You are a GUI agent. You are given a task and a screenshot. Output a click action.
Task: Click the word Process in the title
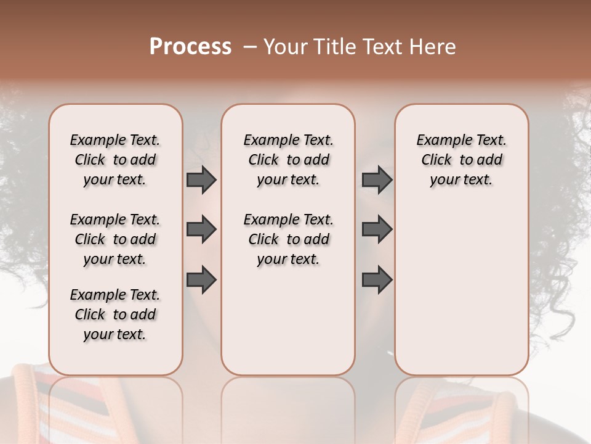[190, 46]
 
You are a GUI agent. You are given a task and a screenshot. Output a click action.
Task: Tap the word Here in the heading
[433, 47]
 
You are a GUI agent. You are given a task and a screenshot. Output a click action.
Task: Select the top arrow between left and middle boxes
[201, 180]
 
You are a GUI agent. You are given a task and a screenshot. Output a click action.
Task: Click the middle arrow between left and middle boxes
[201, 230]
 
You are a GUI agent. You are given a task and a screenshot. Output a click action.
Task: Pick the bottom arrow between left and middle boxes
[201, 279]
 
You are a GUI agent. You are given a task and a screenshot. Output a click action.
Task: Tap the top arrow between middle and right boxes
[377, 180]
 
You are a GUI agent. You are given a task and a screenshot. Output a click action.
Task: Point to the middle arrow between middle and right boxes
[377, 230]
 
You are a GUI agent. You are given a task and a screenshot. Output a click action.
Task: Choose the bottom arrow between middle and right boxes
[377, 279]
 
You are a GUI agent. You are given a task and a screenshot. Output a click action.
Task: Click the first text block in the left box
[115, 160]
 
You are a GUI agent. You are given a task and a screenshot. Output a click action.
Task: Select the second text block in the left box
[115, 239]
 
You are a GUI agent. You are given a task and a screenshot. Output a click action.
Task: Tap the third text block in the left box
[115, 314]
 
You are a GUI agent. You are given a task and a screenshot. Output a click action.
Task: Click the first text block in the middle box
[288, 160]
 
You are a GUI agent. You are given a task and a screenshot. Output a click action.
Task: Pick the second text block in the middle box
[288, 239]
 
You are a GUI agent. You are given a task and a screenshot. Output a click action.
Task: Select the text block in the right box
[461, 160]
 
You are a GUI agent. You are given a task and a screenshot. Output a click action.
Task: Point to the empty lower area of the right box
[461, 290]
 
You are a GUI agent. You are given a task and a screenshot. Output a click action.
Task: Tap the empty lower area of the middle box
[288, 321]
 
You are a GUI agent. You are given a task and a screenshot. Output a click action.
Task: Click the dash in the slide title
[250, 47]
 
